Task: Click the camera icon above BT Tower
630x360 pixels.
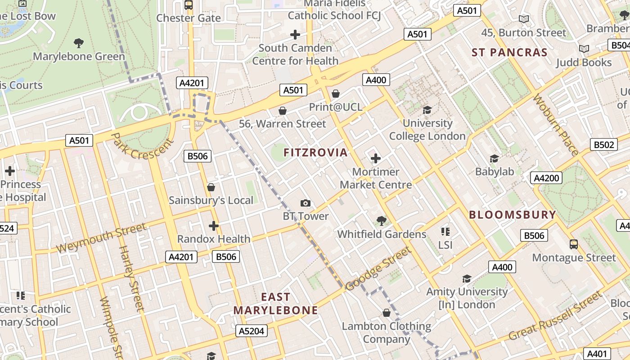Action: coord(306,203)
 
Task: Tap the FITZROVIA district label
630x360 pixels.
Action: coord(315,153)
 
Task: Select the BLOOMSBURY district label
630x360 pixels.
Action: coord(513,215)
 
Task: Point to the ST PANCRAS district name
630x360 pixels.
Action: coord(509,52)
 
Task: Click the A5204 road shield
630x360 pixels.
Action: coord(252,331)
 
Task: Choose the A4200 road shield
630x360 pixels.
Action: coord(546,178)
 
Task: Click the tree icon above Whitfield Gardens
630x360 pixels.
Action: coord(382,220)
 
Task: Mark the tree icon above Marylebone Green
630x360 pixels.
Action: coord(79,43)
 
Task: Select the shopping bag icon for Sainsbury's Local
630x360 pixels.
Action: coord(211,187)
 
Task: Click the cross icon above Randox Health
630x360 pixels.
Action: coord(214,226)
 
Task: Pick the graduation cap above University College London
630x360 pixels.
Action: coord(427,110)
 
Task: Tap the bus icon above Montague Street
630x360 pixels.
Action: coord(574,244)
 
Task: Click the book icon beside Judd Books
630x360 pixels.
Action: coord(584,49)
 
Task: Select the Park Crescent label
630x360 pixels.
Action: coord(142,146)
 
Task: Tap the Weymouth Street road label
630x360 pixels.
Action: coord(101,238)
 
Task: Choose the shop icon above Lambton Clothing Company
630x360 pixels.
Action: coord(386,313)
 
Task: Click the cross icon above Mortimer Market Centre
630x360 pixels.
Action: coord(376,158)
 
